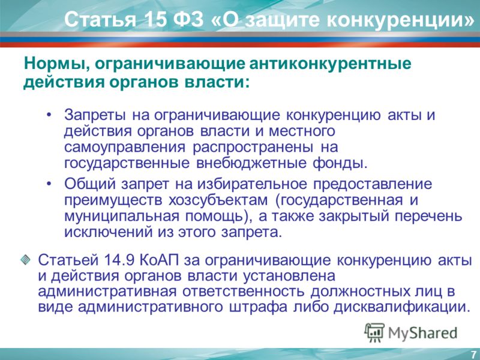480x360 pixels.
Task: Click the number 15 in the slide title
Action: pyautogui.click(x=154, y=19)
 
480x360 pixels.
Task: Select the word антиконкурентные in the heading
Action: pyautogui.click(x=331, y=64)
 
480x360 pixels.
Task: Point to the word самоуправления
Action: pyautogui.click(x=125, y=147)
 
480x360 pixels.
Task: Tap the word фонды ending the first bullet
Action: pyautogui.click(x=340, y=163)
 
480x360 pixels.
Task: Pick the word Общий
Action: pyautogui.click(x=90, y=184)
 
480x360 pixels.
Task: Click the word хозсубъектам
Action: pyautogui.click(x=218, y=200)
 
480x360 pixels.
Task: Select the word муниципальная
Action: pyautogui.click(x=122, y=216)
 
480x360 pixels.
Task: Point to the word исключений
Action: pyautogui.click(x=109, y=232)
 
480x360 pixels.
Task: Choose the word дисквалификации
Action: pyautogui.click(x=401, y=307)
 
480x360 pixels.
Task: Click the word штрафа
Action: pyautogui.click(x=258, y=307)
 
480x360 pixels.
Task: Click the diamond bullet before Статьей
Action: pyautogui.click(x=25, y=260)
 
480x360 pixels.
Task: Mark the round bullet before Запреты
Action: pyautogui.click(x=49, y=115)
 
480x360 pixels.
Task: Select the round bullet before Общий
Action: pyautogui.click(x=49, y=184)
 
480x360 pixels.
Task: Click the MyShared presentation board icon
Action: pyautogui.click(x=374, y=332)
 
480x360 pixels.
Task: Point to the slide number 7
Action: pyautogui.click(x=473, y=353)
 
